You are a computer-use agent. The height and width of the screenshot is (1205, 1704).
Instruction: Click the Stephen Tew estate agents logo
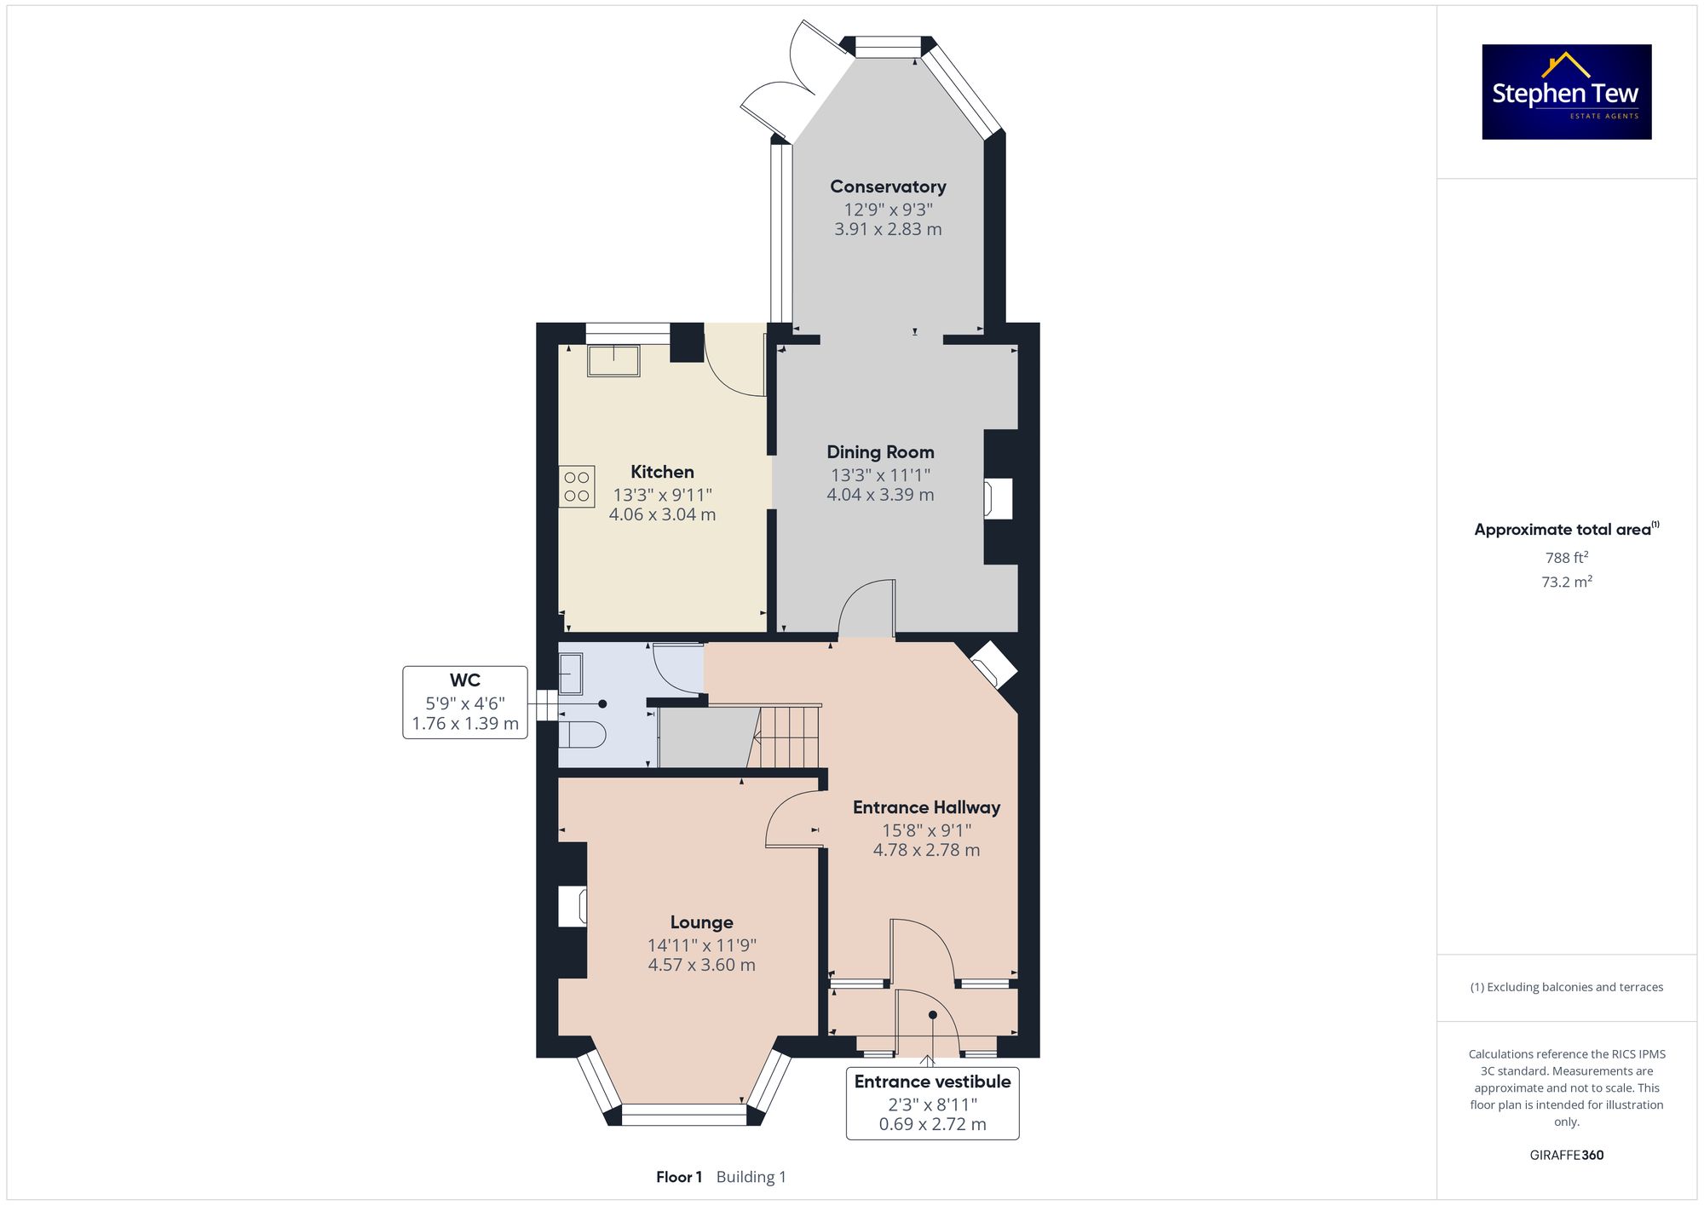(x=1567, y=92)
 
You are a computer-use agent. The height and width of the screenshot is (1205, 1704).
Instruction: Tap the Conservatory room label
(x=888, y=186)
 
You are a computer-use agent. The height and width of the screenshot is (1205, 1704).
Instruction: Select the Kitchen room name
(x=662, y=472)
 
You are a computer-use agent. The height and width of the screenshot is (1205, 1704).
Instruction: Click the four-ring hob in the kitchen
(x=577, y=486)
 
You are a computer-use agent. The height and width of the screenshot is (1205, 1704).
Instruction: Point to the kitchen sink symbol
(x=613, y=360)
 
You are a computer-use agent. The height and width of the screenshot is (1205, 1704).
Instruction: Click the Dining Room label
(x=880, y=452)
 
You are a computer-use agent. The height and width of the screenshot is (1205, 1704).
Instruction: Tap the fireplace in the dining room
(x=999, y=498)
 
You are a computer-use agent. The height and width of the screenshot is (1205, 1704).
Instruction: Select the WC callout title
(x=465, y=680)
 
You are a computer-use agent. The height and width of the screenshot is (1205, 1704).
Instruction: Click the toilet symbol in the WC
(x=582, y=734)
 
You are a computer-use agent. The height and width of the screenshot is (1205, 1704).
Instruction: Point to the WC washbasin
(x=570, y=674)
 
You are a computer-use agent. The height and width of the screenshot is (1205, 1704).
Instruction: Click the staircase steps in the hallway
(x=789, y=737)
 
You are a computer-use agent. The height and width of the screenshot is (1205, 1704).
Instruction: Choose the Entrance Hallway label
(x=926, y=807)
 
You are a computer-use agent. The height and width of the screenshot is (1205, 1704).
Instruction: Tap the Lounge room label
(x=701, y=922)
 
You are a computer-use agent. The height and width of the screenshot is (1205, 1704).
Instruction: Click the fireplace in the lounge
(x=573, y=906)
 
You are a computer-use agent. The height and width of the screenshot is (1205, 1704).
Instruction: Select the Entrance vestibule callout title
(x=932, y=1082)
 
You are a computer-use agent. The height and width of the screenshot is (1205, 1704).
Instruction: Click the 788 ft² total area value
(x=1567, y=558)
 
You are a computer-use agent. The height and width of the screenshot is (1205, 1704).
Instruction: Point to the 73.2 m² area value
(x=1567, y=582)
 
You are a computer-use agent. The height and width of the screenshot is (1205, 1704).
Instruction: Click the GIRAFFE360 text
(x=1567, y=1155)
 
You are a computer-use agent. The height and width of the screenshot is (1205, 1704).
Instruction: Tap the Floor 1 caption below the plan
(x=679, y=1177)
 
